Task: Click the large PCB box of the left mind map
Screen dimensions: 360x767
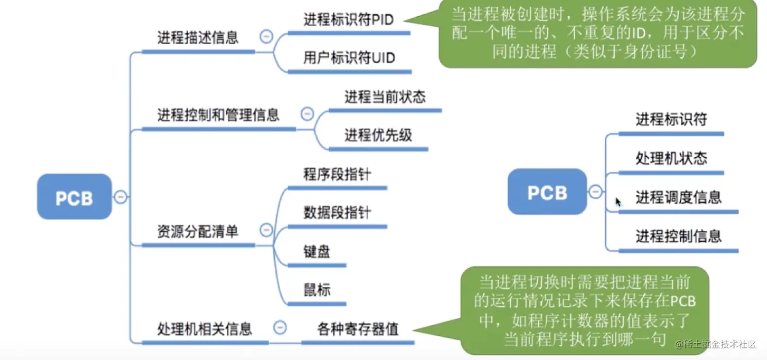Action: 74,197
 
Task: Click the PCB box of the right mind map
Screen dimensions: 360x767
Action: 547,192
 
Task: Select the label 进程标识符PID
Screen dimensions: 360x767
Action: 348,20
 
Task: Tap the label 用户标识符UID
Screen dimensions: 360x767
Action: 349,58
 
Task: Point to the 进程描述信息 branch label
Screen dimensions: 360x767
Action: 198,38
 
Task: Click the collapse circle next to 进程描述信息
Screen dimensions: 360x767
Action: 266,37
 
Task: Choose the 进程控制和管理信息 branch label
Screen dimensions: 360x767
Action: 218,115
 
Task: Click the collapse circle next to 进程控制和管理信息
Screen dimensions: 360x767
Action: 307,114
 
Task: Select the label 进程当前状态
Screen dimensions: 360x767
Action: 385,97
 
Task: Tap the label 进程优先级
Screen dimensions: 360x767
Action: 378,135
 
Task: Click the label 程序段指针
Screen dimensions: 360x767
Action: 337,174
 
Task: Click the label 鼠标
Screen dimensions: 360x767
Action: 317,290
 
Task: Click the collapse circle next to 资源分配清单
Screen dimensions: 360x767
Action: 266,230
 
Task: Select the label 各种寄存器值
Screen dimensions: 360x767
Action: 358,329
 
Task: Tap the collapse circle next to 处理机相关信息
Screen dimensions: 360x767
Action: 280,328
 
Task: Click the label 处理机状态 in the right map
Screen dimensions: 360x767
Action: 671,159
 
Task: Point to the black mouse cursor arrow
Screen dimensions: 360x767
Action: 618,202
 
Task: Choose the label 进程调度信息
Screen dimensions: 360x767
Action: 678,197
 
